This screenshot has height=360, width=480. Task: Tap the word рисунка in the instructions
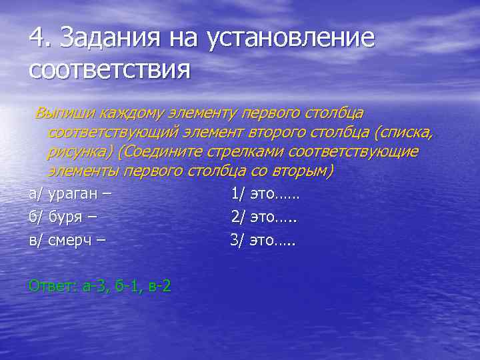(79, 152)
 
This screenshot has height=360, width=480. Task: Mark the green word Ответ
(51, 287)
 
